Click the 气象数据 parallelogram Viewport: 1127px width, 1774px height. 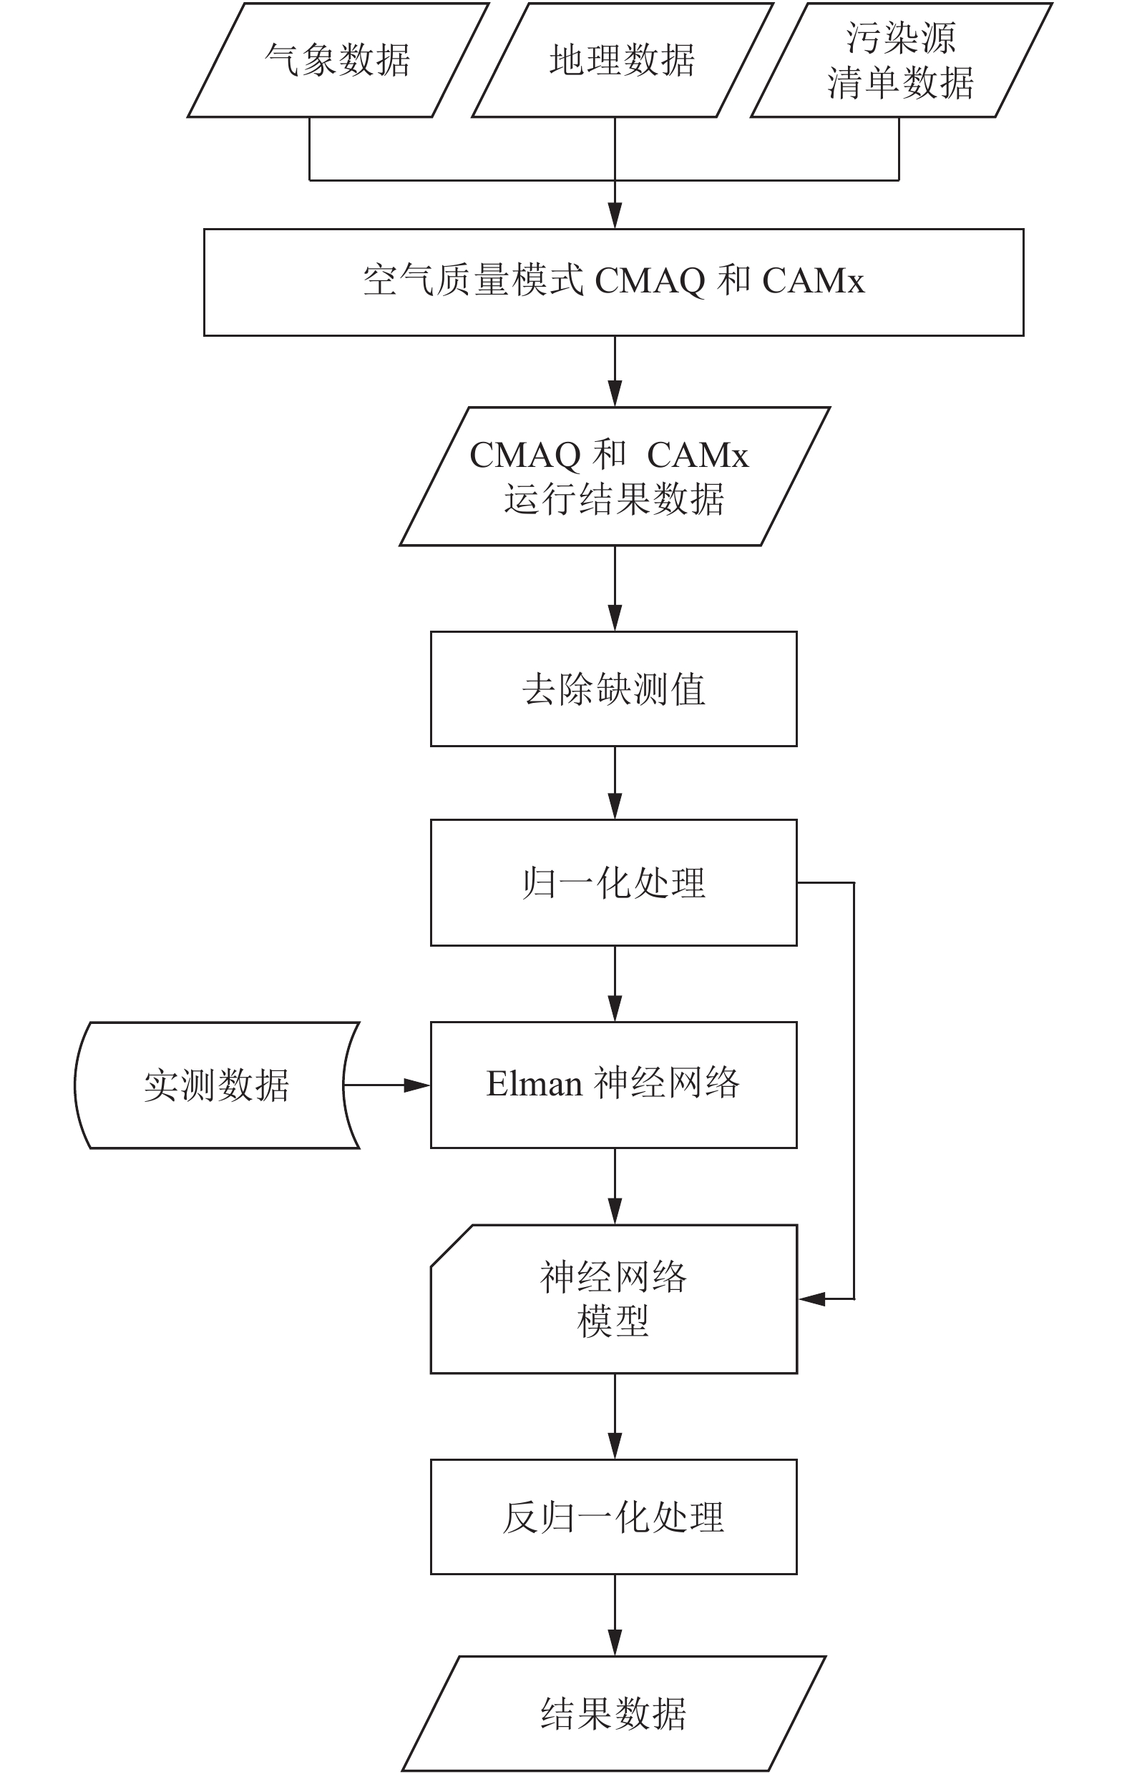click(338, 60)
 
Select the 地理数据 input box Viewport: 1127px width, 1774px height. click(623, 60)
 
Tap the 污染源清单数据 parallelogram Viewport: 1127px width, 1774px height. click(902, 60)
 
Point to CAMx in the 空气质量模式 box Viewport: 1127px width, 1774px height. click(813, 281)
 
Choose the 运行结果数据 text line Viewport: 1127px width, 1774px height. click(614, 499)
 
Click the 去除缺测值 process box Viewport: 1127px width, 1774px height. click(614, 689)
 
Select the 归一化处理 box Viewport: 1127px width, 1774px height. click(614, 882)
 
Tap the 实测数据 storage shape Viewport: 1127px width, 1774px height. click(217, 1085)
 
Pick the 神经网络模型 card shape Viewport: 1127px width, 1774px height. click(614, 1299)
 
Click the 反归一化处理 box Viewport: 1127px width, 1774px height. click(614, 1517)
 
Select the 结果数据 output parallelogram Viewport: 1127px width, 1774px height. click(614, 1714)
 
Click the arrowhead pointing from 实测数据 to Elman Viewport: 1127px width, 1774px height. click(417, 1085)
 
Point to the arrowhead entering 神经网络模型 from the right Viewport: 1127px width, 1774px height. click(811, 1299)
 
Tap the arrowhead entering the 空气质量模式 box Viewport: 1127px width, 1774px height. click(615, 216)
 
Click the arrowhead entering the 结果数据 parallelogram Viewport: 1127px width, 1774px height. click(615, 1643)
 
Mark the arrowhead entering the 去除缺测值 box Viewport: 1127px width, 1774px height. click(615, 618)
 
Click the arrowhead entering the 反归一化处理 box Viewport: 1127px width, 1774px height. click(615, 1447)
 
